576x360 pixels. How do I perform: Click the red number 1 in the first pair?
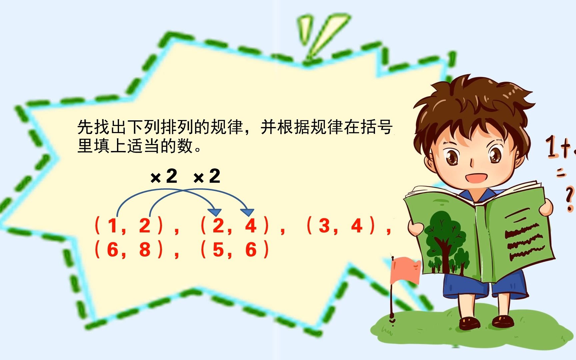[112, 226]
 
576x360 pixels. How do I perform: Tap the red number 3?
[324, 226]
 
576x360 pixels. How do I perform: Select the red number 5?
[218, 250]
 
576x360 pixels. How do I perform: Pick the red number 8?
[145, 250]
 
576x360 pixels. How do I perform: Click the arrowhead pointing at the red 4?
[247, 212]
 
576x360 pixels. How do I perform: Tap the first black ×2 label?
[164, 176]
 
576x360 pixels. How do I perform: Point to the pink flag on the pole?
[405, 270]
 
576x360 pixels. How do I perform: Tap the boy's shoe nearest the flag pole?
[469, 322]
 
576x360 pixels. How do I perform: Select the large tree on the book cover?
[442, 238]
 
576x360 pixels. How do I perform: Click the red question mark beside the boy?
[569, 198]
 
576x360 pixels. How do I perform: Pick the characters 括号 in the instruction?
[377, 127]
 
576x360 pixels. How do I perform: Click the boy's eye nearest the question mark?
[495, 155]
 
